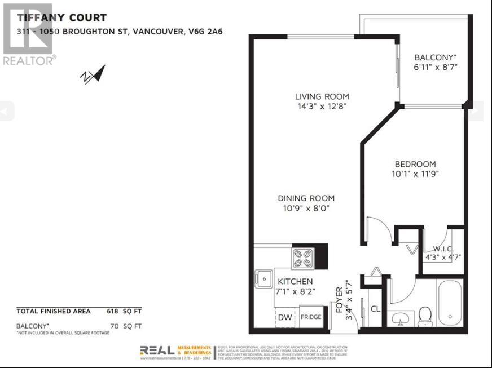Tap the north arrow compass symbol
[93, 74]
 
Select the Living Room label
[322, 96]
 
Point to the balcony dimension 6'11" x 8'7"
[434, 67]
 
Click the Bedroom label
[415, 164]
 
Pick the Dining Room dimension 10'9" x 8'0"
[306, 208]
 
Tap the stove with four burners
[303, 258]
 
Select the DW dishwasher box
[285, 317]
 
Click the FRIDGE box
[310, 317]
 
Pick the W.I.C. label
[443, 249]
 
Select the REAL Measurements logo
[175, 352]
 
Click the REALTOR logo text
[29, 60]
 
